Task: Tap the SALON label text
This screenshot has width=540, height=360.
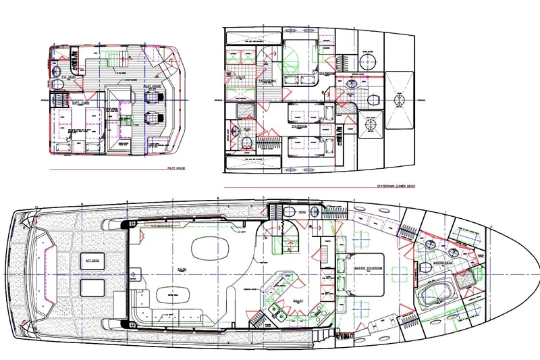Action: click(182, 269)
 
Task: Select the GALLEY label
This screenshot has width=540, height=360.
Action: click(298, 301)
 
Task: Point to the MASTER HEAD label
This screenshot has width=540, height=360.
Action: click(443, 262)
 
